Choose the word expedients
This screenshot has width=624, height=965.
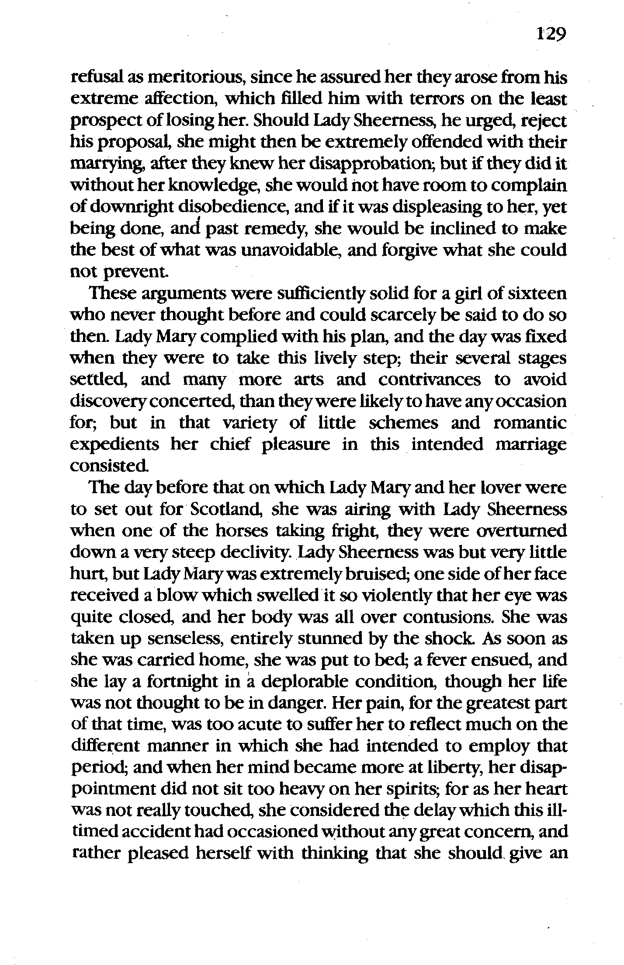(115, 445)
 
